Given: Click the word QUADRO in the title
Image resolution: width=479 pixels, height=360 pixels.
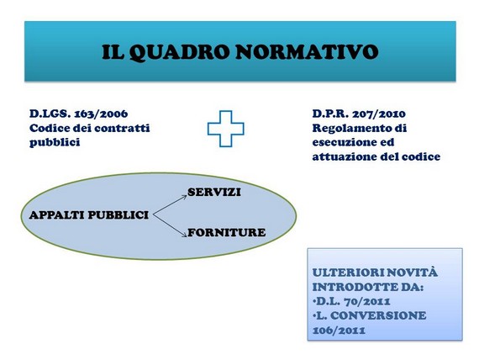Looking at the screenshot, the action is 179,53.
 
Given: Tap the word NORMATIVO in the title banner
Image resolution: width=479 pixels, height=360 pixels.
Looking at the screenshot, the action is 307,52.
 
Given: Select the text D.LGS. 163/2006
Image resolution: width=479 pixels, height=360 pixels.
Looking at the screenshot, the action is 78,114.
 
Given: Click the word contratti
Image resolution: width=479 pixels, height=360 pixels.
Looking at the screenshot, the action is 122,128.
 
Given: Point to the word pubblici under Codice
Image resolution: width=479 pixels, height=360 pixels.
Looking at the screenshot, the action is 55,142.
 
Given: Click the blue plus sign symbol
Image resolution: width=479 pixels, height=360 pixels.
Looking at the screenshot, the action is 226,129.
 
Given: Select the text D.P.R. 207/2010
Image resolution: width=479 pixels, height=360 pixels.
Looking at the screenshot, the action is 359,114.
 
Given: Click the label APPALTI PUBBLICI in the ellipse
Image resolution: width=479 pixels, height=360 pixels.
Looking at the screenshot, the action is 89,215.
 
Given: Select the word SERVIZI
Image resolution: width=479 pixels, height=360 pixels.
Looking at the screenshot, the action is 214,192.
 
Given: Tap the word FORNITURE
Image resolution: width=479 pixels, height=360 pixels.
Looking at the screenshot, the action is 226,232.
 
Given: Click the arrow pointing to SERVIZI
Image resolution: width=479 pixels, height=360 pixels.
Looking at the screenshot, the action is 170,205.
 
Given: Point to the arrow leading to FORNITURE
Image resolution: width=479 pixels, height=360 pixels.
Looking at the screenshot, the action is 170,225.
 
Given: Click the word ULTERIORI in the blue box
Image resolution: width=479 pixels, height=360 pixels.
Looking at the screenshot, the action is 344,273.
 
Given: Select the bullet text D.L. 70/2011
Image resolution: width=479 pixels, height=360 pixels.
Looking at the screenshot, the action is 351,301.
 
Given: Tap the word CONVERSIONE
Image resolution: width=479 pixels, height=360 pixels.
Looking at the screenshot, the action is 378,315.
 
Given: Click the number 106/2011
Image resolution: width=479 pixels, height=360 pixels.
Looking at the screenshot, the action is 339,331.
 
